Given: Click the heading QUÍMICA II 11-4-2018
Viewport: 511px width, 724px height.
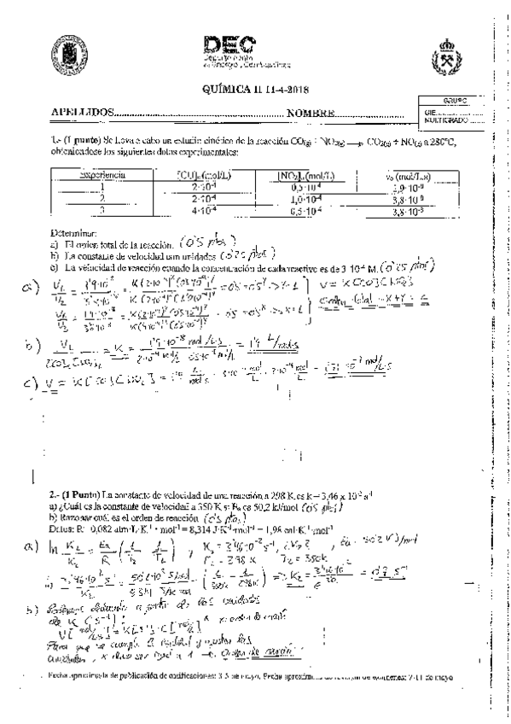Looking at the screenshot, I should point(254,89).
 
